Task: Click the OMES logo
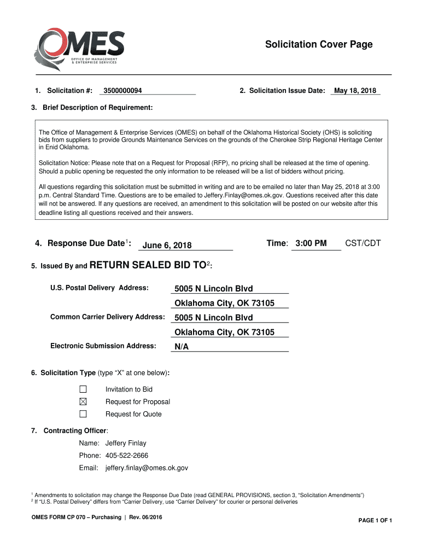(x=79, y=46)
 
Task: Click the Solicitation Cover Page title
(x=319, y=44)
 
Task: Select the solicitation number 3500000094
(x=122, y=91)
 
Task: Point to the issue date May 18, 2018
(x=355, y=91)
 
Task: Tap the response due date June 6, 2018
(x=167, y=246)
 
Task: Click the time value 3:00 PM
(x=311, y=243)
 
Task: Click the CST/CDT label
(x=362, y=243)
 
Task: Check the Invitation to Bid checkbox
(x=83, y=389)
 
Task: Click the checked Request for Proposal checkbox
(x=83, y=402)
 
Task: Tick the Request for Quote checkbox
(x=83, y=414)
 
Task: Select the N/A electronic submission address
(x=182, y=347)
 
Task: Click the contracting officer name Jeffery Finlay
(x=126, y=443)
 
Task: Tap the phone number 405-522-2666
(x=127, y=456)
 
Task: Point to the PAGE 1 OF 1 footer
(x=375, y=520)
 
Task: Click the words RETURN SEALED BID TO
(x=147, y=266)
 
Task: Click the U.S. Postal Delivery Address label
(x=100, y=288)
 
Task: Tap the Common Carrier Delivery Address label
(x=108, y=317)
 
